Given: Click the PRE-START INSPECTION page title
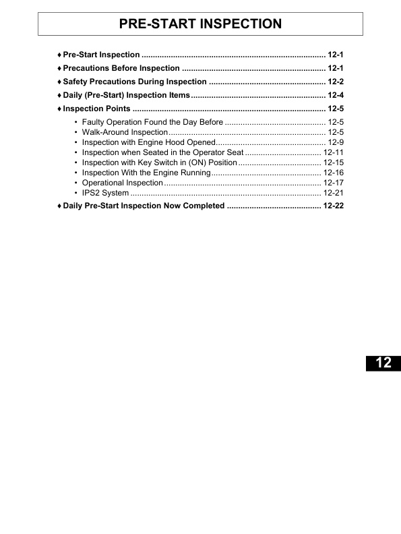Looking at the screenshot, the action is [200, 24].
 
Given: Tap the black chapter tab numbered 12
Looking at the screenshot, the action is [383, 363].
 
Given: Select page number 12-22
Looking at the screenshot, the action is [333, 206].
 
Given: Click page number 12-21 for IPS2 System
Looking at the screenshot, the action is [334, 193].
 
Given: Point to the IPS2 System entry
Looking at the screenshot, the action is [105, 193].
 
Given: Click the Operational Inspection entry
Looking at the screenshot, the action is [123, 183].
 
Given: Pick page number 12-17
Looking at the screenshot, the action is [334, 183].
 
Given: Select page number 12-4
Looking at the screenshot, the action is [336, 95].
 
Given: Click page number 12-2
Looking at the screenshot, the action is [336, 82].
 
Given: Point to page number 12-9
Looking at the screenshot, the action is [336, 142].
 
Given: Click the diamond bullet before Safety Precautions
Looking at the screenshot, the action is [59, 82].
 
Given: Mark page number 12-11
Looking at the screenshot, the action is [334, 152].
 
